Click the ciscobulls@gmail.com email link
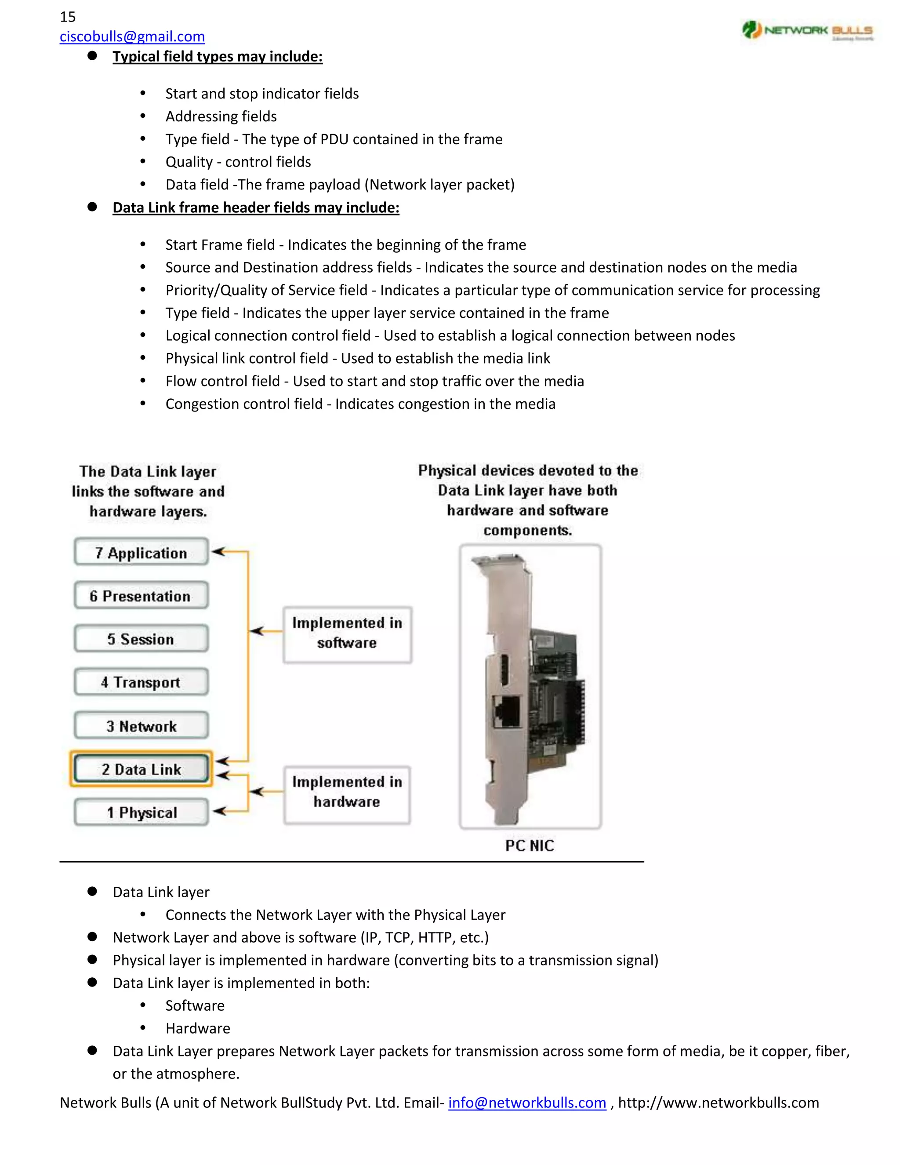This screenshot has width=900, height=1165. pos(132,36)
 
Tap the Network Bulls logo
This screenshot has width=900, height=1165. pos(807,30)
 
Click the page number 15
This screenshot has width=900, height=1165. pos(68,17)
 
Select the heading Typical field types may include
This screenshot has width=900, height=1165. pos(217,57)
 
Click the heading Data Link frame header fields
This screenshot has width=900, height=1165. pos(255,208)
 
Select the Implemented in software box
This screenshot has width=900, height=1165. pos(347,633)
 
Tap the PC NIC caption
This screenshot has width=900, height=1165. pos(529,845)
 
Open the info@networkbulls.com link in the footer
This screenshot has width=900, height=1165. pos(527,1103)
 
